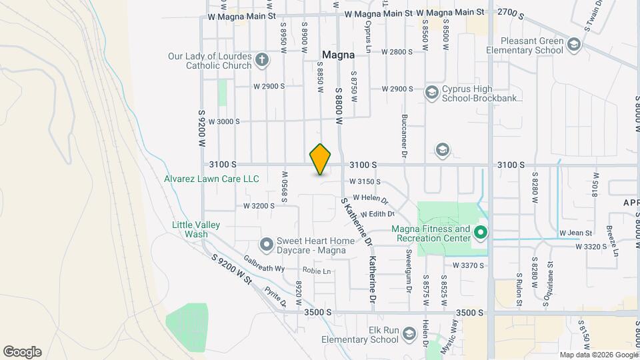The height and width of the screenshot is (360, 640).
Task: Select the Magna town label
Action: [338, 54]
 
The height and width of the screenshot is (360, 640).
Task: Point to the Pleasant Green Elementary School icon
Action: [575, 45]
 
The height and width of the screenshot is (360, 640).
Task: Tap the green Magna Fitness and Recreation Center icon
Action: [481, 233]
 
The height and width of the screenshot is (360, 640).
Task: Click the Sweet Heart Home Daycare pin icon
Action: [266, 245]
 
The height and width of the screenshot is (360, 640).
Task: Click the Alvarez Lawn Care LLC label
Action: [211, 179]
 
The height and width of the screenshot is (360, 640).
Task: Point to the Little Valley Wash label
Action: [196, 229]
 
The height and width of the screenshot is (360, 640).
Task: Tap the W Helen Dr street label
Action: [370, 197]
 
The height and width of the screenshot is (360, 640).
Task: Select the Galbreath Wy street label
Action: [264, 268]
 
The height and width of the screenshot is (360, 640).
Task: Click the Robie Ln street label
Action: [317, 271]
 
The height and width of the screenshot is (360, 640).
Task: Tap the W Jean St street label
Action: [575, 233]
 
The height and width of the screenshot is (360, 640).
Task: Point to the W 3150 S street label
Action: [365, 181]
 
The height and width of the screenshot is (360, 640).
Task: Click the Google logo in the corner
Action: [22, 351]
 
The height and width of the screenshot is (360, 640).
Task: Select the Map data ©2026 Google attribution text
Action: [598, 355]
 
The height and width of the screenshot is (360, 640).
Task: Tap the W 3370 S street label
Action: [468, 265]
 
